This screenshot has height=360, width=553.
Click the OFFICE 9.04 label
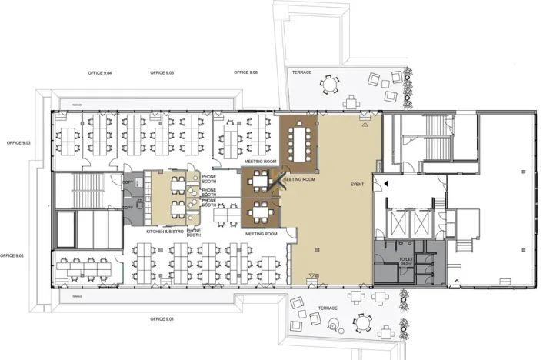click(99, 72)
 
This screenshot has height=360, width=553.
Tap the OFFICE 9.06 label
click(245, 72)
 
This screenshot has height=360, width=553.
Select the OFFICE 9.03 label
click(18, 143)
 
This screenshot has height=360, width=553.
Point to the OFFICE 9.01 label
click(163, 318)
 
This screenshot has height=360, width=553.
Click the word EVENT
click(357, 185)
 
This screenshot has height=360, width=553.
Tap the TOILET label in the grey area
click(405, 259)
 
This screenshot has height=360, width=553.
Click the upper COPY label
click(128, 182)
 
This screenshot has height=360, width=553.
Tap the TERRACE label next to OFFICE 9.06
click(301, 72)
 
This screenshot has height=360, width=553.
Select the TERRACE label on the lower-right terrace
click(328, 308)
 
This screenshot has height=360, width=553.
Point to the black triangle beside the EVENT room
click(387, 183)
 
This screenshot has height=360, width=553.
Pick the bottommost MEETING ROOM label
click(261, 233)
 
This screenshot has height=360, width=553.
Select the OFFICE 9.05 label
click(162, 72)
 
